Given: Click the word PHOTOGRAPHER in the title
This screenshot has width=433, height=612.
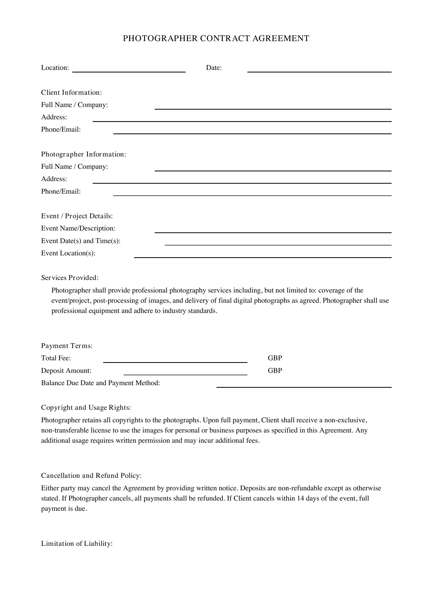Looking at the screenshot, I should [160, 38].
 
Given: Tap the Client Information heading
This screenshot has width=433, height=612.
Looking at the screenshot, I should [71, 92].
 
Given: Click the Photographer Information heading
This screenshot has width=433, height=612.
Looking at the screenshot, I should [84, 154].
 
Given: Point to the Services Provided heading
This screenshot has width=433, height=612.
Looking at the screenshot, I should [70, 278].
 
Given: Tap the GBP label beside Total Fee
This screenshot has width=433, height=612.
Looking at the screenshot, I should [275, 358].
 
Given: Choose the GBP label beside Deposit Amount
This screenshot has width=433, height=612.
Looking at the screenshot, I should [275, 370].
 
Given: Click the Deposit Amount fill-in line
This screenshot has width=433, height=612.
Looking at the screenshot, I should [185, 374].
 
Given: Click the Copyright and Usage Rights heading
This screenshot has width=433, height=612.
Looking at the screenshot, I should [86, 408].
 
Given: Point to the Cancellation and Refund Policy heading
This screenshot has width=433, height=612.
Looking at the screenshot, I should [91, 475].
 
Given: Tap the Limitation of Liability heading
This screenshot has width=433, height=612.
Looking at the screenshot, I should [77, 544].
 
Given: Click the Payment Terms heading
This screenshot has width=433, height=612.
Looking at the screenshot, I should [67, 346].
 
